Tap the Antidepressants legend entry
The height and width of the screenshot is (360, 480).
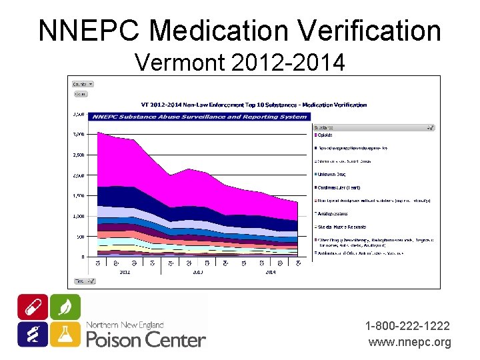click(335, 214)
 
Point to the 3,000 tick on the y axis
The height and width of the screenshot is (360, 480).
click(79, 134)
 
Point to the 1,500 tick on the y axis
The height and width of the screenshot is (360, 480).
click(79, 196)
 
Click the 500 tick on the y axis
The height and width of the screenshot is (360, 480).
click(80, 237)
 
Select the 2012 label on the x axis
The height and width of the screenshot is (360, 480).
click(125, 272)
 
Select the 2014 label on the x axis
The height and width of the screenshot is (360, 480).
click(271, 272)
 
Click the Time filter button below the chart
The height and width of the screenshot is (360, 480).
click(84, 281)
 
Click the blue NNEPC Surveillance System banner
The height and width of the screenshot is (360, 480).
click(200, 117)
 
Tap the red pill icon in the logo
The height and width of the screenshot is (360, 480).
click(33, 307)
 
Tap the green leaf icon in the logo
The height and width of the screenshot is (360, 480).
click(65, 307)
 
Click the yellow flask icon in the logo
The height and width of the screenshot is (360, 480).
click(65, 334)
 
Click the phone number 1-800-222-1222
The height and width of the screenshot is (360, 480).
click(407, 326)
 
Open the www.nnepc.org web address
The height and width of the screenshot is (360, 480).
click(409, 342)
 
